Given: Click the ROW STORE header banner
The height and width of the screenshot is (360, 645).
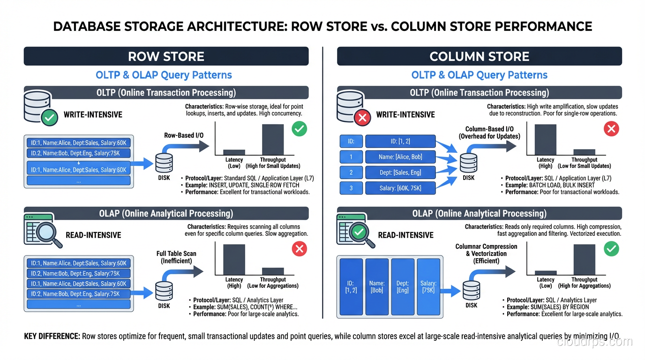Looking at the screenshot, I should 166,56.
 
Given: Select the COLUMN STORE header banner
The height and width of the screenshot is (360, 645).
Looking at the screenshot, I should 479,56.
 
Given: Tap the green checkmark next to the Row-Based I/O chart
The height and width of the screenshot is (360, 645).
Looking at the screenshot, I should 300,128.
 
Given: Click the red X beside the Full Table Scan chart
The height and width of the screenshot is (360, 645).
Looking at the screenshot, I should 300,249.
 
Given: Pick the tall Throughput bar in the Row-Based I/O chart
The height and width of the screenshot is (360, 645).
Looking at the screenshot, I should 272,139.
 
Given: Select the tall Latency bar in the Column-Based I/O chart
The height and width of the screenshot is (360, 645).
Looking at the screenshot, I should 545,139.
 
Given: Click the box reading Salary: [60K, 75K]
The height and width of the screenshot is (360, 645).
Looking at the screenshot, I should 400,188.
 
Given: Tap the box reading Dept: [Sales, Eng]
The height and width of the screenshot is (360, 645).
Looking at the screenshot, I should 400,172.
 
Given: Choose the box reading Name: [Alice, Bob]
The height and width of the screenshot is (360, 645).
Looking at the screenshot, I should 400,157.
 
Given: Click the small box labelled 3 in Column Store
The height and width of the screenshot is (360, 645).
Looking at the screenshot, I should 351,188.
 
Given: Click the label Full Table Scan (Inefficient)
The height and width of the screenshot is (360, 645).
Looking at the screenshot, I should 176,257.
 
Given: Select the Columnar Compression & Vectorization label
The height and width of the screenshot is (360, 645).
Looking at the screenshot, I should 486,254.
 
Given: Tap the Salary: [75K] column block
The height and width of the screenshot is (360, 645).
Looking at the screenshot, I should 428,287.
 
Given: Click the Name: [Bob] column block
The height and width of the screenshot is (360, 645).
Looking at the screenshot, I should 377,287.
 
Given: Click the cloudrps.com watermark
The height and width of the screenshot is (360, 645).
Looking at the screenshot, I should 595,341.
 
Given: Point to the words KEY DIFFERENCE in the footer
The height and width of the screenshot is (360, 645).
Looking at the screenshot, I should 52,337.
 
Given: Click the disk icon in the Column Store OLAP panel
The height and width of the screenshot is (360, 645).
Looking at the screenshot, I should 471,291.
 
